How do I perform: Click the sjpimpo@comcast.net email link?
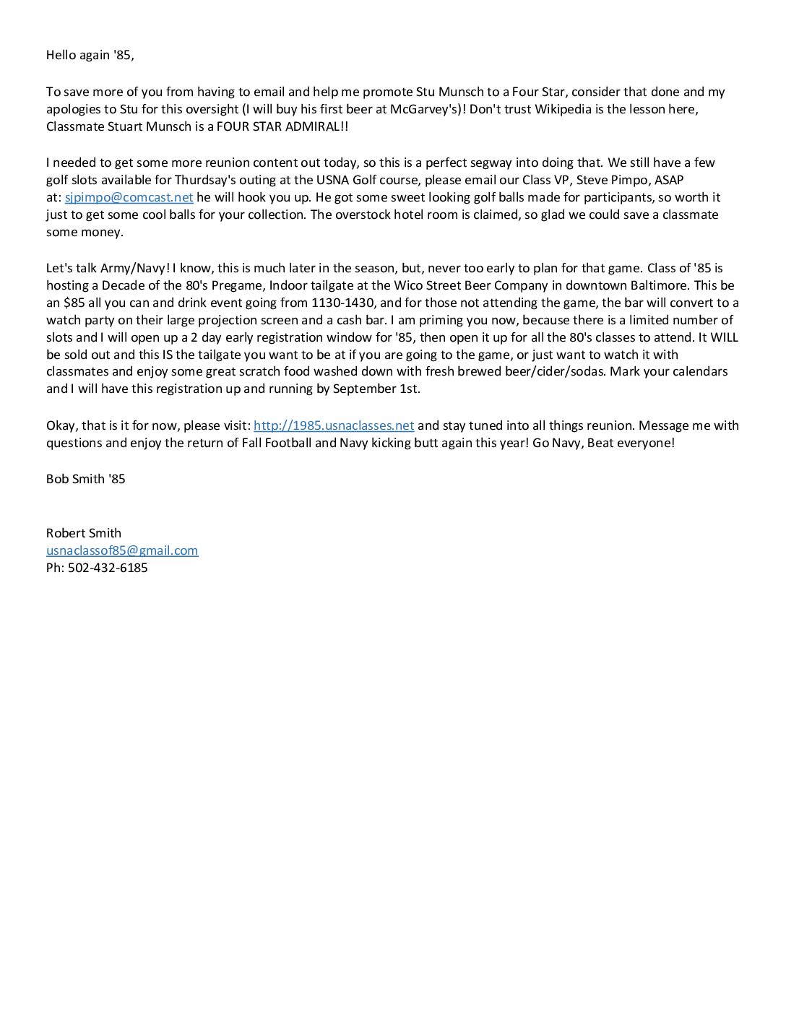[x=129, y=197]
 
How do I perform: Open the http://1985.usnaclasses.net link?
[x=333, y=425]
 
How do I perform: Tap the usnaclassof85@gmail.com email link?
[x=122, y=550]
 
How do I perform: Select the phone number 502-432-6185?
[x=108, y=568]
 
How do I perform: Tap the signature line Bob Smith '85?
[x=85, y=479]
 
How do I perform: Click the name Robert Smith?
[x=84, y=533]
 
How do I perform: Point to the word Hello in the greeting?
[x=61, y=55]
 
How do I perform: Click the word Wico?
[x=408, y=285]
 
